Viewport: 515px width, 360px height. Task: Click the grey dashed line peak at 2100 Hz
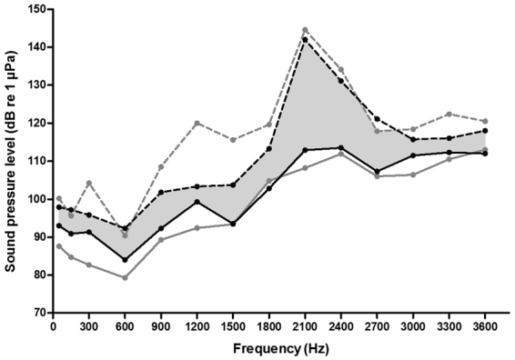pyautogui.click(x=305, y=30)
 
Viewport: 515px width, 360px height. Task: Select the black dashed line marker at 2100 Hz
pyautogui.click(x=305, y=39)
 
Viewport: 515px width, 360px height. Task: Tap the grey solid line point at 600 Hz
pyautogui.click(x=125, y=277)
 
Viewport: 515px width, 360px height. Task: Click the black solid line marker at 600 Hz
pyautogui.click(x=125, y=260)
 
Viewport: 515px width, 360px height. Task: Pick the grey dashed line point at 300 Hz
pyautogui.click(x=89, y=183)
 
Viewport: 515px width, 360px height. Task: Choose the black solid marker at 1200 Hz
pyautogui.click(x=197, y=202)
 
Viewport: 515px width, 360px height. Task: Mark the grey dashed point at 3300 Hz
pyautogui.click(x=449, y=114)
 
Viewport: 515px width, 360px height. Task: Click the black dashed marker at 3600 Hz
pyautogui.click(x=485, y=130)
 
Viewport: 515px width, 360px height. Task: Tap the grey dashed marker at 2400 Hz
pyautogui.click(x=340, y=69)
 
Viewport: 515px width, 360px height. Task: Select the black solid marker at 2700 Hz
pyautogui.click(x=377, y=171)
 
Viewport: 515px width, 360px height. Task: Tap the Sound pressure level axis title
pyautogui.click(x=11, y=160)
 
